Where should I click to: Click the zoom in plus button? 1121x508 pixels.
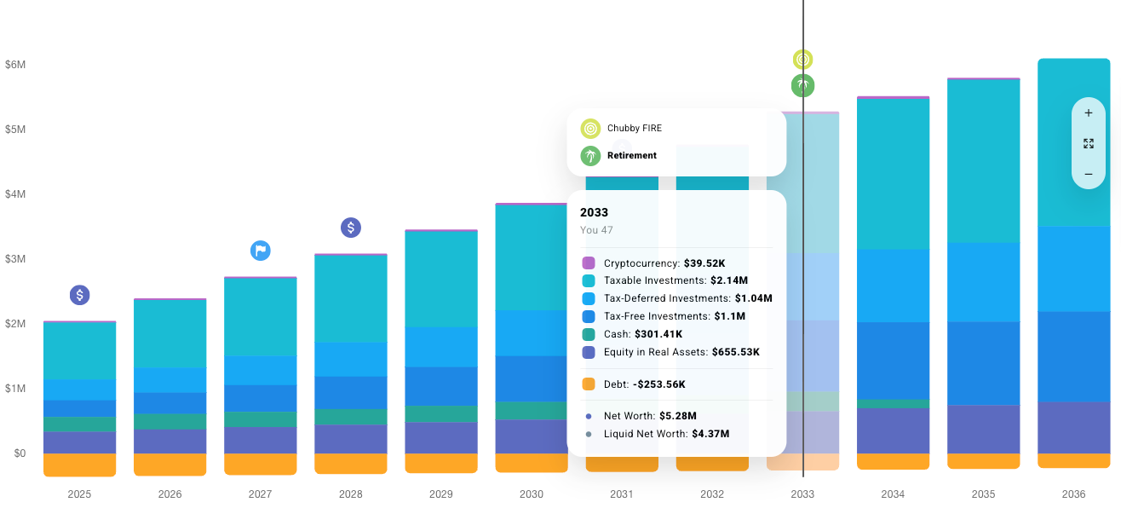[x=1088, y=113]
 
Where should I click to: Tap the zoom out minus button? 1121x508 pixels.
[x=1088, y=175]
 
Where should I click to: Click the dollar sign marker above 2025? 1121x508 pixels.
[x=79, y=295]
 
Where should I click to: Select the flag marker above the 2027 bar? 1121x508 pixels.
[x=261, y=251]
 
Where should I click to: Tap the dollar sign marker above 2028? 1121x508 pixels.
[x=351, y=228]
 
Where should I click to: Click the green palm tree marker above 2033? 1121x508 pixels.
[x=802, y=85]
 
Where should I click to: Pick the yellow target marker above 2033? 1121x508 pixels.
[x=802, y=60]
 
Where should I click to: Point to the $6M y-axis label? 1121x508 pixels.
[x=15, y=65]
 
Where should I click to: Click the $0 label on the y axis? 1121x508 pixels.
[x=20, y=453]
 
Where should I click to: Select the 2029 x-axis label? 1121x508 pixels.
[x=441, y=494]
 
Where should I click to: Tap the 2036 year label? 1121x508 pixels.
[x=1073, y=494]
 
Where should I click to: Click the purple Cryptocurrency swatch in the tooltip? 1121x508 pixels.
[x=589, y=263]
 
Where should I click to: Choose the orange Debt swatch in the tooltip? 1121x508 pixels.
[x=589, y=384]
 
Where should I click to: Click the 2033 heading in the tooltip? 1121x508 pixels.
[x=595, y=212]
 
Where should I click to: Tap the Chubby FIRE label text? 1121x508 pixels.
[x=635, y=129]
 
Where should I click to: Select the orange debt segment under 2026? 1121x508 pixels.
[x=170, y=465]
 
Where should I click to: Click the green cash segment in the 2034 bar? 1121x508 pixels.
[x=893, y=404]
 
